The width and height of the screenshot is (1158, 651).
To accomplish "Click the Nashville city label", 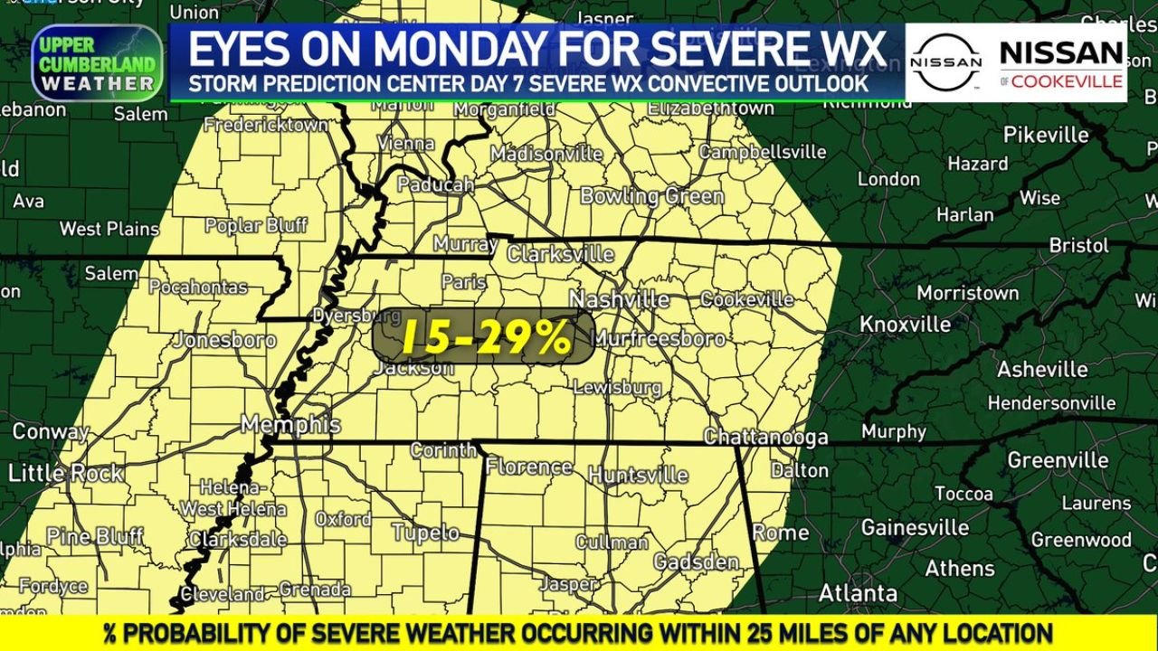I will (x=620, y=299).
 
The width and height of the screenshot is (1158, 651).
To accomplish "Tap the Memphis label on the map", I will (x=290, y=424).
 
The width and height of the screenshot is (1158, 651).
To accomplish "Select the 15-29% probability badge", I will (x=484, y=337).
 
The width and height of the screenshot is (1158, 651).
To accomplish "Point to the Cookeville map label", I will (x=746, y=299).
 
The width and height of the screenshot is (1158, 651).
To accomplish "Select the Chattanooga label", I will (x=765, y=438).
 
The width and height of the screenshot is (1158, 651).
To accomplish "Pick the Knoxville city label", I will (x=905, y=324).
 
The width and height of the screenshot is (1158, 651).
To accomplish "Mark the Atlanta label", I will (x=858, y=593).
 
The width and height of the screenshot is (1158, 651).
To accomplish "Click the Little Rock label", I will (x=65, y=472).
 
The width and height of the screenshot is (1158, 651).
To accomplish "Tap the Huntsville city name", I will (x=638, y=475).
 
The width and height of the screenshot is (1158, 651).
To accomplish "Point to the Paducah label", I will (x=436, y=184).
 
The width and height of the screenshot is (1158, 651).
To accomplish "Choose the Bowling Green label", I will (x=651, y=195).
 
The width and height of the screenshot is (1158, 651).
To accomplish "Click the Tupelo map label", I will (x=425, y=533).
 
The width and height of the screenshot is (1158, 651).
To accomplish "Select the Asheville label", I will (x=1042, y=369).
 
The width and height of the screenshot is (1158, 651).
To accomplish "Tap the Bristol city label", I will (x=1078, y=245).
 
